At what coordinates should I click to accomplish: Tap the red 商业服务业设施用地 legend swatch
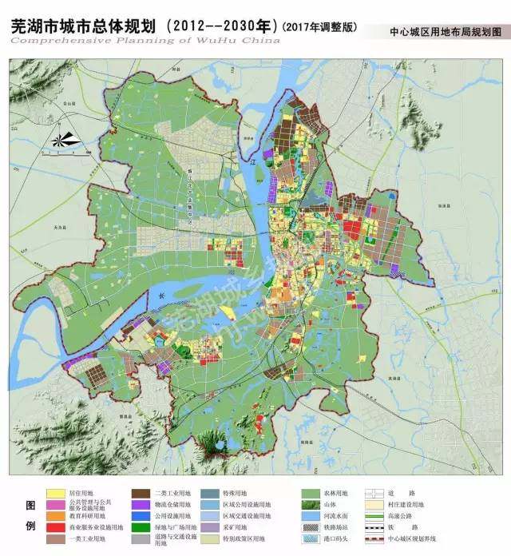coord(55,528)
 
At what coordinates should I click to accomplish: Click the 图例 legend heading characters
coord(30,517)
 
